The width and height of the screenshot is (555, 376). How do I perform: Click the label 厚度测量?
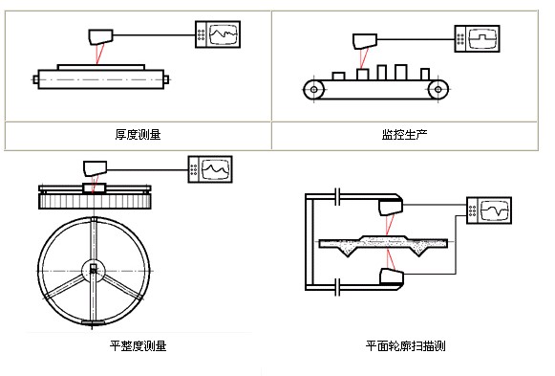click(139, 135)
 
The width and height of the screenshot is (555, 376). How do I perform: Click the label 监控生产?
click(405, 134)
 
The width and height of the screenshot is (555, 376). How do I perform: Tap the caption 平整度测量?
click(139, 345)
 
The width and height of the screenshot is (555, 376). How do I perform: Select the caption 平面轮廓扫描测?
click(406, 345)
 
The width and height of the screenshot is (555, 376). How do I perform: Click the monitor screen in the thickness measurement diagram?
click(224, 34)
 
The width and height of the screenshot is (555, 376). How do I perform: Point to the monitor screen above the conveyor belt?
click(482, 38)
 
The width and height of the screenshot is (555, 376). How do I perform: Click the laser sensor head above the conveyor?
click(365, 41)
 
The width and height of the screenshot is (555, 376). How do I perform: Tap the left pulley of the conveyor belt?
click(314, 89)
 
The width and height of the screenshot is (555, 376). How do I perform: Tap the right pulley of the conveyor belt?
click(438, 89)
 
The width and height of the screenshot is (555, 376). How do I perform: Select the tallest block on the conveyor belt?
click(400, 72)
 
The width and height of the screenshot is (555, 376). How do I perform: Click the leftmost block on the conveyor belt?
click(338, 76)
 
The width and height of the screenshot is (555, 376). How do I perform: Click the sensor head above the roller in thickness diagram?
click(100, 37)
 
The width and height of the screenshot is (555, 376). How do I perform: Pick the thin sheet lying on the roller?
click(101, 67)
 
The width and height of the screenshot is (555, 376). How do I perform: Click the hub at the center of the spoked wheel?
click(93, 271)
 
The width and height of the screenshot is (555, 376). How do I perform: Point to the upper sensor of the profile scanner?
click(391, 208)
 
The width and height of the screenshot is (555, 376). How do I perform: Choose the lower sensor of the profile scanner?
click(392, 276)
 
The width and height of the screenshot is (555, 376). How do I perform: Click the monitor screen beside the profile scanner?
click(495, 210)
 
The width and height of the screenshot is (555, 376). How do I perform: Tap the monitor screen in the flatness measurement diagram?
click(216, 169)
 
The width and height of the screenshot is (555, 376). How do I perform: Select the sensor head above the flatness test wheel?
click(95, 168)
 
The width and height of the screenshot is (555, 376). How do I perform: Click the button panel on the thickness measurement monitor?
click(201, 34)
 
